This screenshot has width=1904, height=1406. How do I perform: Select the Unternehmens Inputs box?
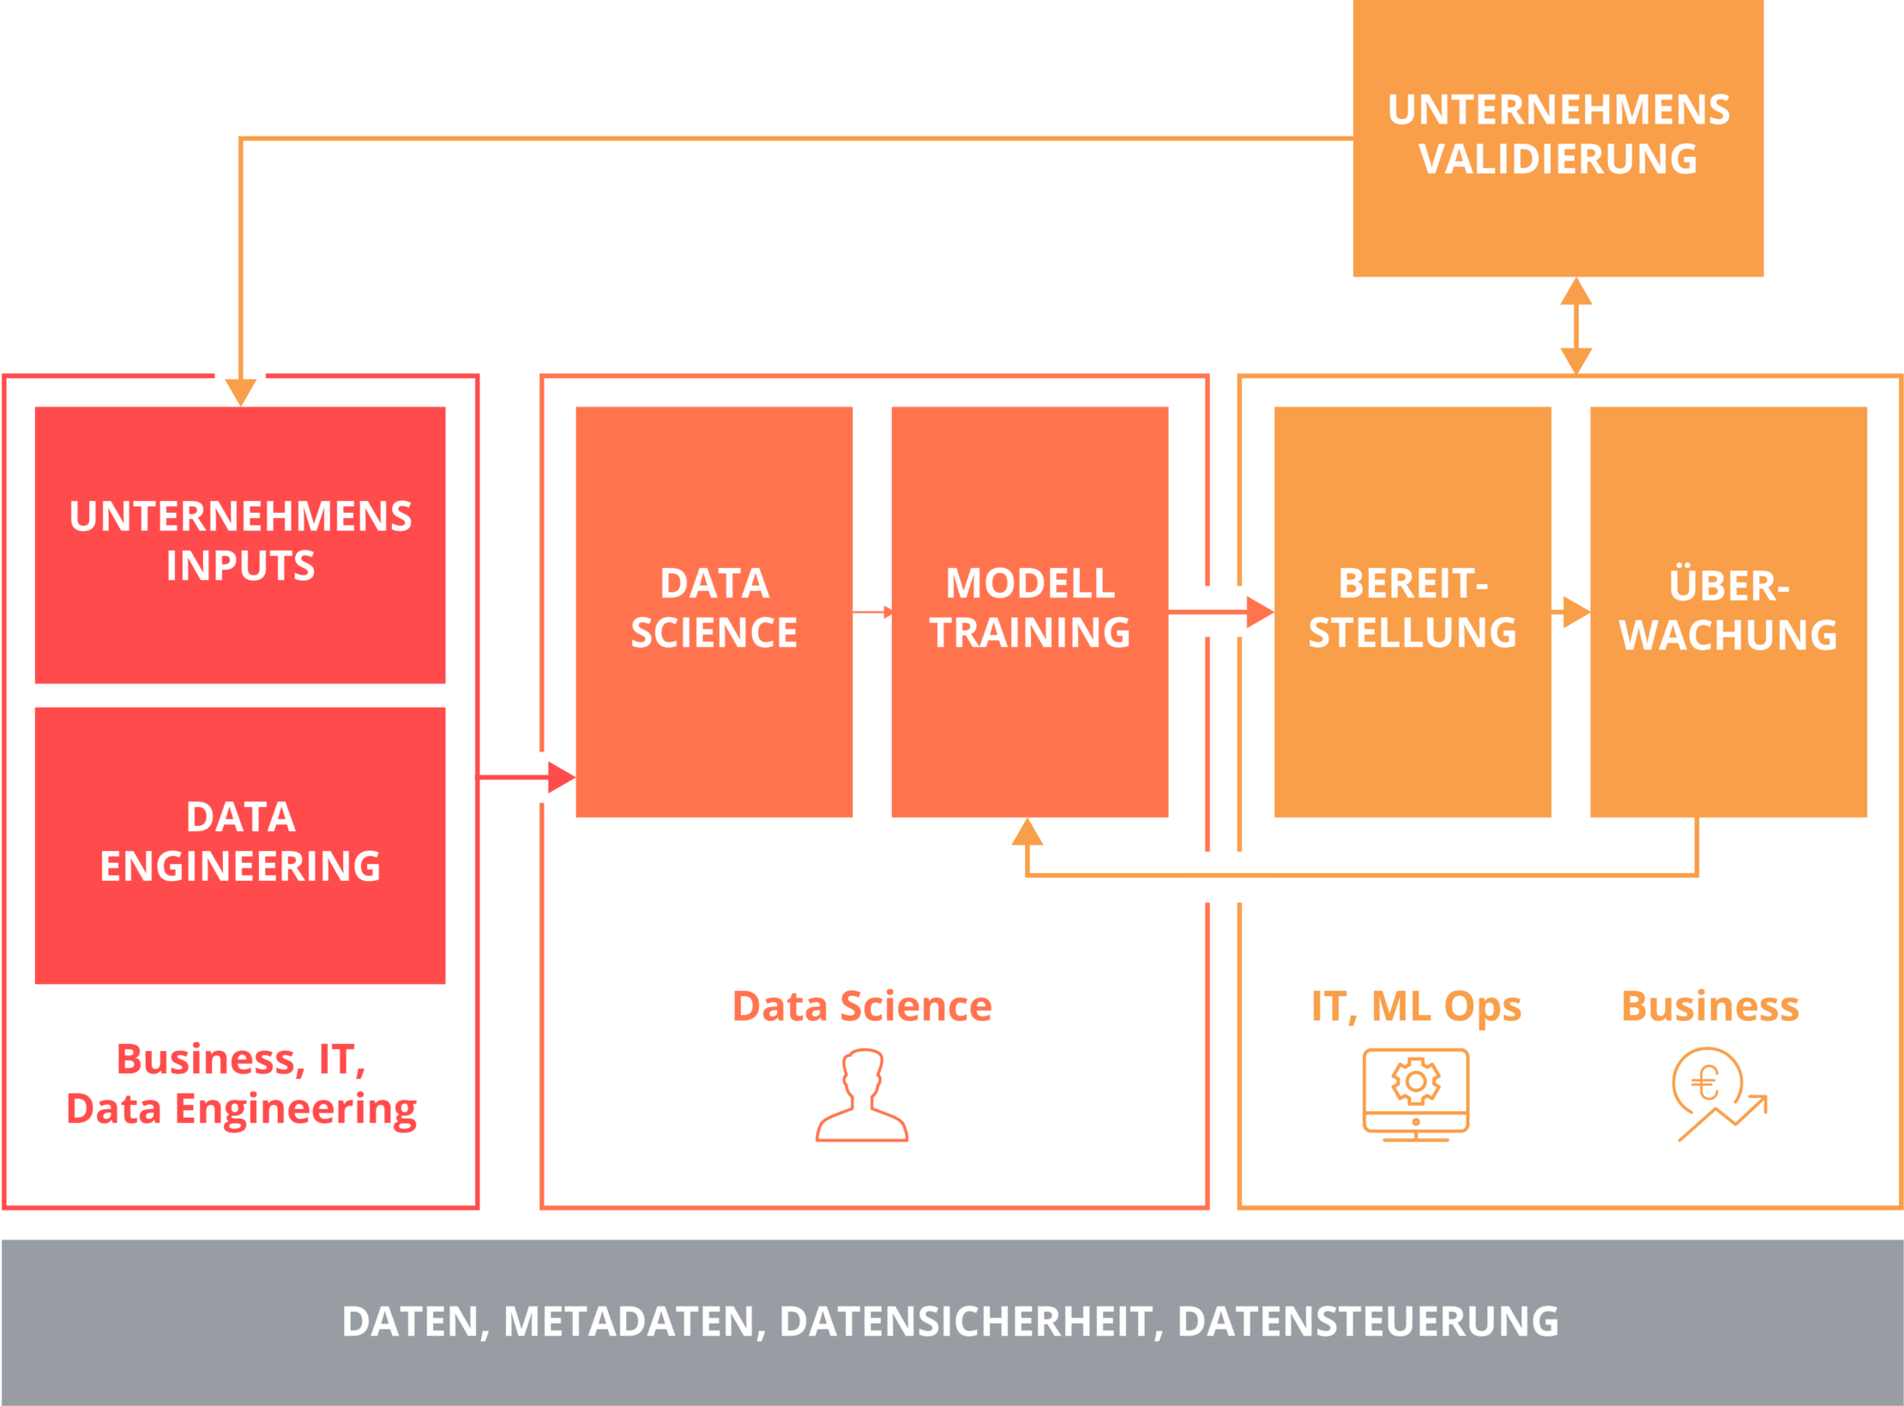240,544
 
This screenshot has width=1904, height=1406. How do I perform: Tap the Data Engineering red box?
240,844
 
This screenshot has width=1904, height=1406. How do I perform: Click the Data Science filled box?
714,611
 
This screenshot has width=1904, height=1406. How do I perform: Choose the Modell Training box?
1029,611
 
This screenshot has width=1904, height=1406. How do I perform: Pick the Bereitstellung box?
1412,611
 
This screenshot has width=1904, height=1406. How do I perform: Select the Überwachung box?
1727,611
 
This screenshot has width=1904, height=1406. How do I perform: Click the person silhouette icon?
862,1095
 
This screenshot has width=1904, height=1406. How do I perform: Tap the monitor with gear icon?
1415,1095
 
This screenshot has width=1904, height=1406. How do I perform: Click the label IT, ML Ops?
1416,1006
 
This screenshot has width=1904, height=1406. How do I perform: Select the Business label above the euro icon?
1709,1006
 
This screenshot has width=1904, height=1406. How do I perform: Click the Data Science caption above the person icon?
862,1006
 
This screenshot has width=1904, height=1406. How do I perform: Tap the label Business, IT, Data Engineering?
241,1084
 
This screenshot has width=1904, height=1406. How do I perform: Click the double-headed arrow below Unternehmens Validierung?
1576,326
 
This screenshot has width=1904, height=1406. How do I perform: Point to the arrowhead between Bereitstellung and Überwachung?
1575,612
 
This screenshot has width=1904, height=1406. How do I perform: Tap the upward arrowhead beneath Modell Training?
1027,833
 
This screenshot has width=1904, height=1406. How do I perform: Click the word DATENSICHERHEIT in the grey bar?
966,1322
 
